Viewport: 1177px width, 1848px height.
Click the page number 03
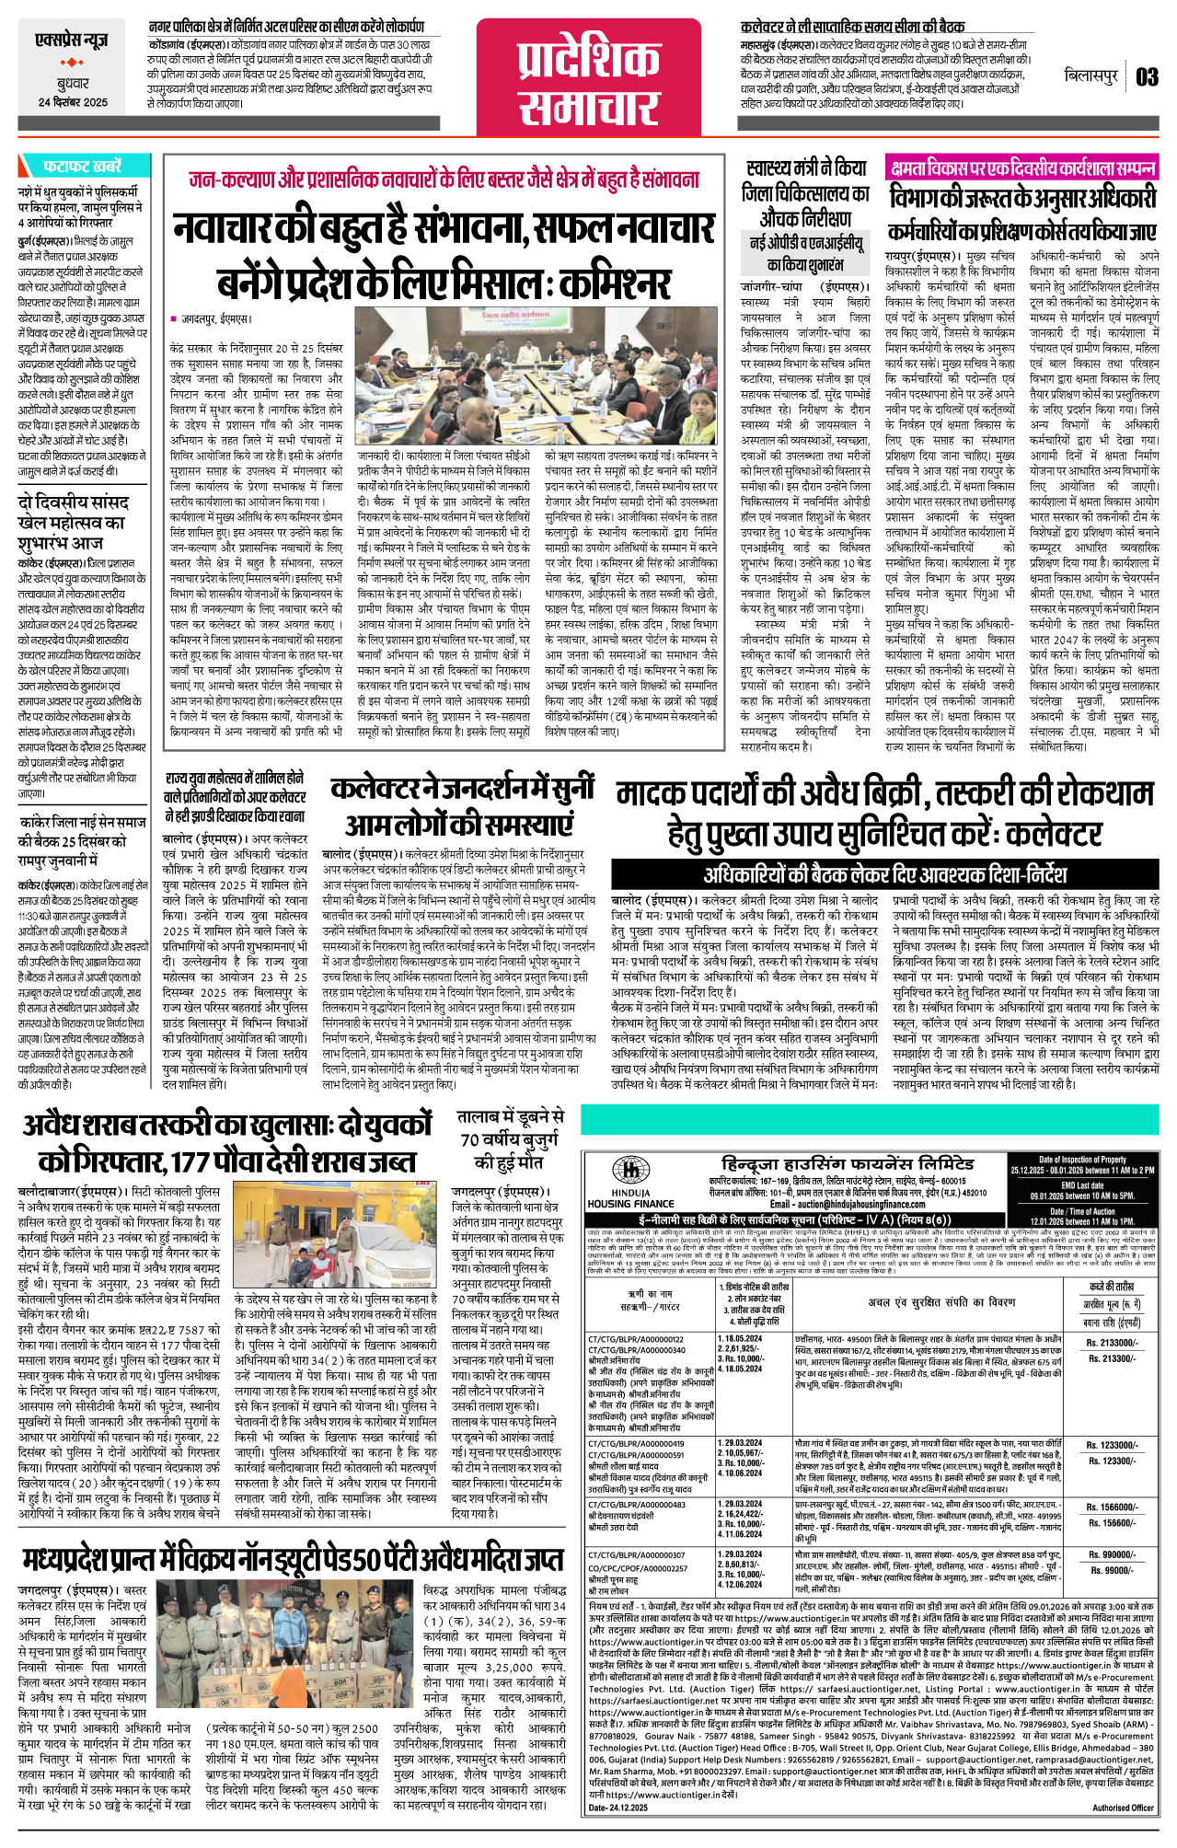click(1147, 76)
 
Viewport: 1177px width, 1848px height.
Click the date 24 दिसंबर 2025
click(73, 102)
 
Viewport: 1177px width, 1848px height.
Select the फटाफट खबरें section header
click(81, 167)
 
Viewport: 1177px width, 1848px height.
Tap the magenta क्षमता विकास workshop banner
click(1022, 168)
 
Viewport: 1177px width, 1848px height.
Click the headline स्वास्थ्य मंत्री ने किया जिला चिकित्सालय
click(806, 193)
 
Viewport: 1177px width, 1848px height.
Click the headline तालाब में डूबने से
click(512, 1138)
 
